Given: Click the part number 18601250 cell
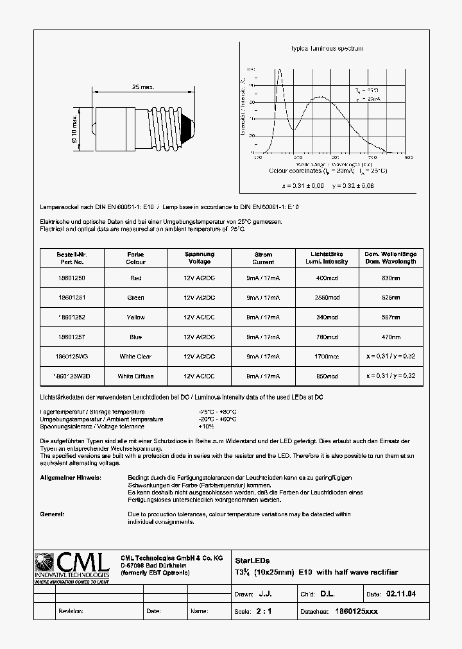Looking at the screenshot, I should click(x=71, y=278).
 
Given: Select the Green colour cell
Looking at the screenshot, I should click(x=135, y=298).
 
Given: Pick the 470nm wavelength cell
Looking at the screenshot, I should click(x=391, y=337).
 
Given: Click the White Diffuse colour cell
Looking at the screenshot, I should click(x=136, y=376).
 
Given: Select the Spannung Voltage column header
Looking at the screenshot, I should click(x=200, y=258).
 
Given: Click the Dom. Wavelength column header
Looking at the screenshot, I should click(x=391, y=258).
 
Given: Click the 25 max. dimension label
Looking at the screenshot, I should click(x=143, y=87).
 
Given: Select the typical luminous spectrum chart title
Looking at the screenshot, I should click(x=327, y=49).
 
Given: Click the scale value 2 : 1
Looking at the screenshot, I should click(x=264, y=611).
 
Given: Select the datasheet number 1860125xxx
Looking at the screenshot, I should click(x=357, y=611).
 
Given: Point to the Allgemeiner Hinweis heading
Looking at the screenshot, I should click(x=70, y=478).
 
